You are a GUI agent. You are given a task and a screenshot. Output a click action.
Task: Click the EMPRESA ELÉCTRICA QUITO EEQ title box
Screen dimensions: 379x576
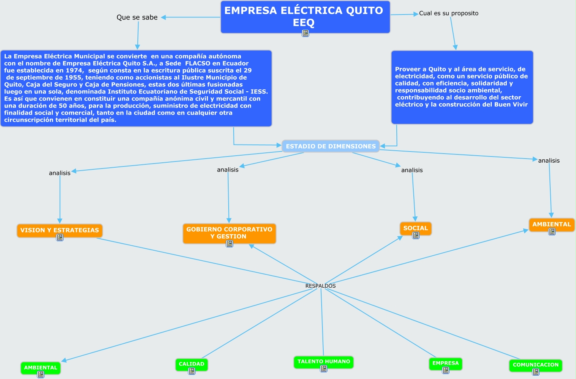click(x=305, y=16)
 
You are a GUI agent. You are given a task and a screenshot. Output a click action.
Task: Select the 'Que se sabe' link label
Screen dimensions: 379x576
click(x=137, y=17)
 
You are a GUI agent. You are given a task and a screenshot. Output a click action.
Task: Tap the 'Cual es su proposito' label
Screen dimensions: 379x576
click(x=449, y=13)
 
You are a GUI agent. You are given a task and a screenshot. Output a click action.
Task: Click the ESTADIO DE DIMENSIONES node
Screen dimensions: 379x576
click(x=331, y=146)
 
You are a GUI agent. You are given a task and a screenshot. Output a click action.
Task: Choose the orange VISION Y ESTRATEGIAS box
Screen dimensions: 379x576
click(x=59, y=230)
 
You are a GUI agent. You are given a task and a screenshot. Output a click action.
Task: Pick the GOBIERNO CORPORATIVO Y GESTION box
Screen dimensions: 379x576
click(x=229, y=232)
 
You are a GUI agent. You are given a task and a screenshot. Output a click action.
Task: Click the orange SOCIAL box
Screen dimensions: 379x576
click(x=415, y=228)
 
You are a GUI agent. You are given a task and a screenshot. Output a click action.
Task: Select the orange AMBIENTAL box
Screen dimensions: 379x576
click(x=552, y=224)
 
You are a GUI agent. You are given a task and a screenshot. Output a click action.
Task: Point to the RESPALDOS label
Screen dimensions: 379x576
click(x=320, y=286)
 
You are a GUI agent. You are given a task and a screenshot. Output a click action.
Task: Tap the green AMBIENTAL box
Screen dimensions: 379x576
click(x=41, y=367)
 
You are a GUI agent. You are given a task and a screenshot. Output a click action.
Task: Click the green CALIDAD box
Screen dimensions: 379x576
click(x=191, y=364)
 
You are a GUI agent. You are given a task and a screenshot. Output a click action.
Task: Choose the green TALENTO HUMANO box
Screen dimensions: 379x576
click(x=324, y=362)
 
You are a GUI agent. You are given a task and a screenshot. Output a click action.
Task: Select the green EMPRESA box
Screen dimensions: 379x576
click(x=445, y=363)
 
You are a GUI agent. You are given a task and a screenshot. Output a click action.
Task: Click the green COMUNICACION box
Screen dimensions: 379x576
click(x=535, y=365)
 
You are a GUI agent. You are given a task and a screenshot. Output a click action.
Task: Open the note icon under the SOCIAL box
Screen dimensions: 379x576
click(x=416, y=235)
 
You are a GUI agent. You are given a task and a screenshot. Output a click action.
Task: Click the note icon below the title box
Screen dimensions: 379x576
click(x=305, y=33)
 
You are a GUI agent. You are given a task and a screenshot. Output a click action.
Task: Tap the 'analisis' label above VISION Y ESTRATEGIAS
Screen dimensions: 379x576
click(x=60, y=173)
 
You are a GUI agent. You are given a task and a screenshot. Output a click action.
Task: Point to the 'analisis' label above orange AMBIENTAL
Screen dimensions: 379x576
click(x=549, y=161)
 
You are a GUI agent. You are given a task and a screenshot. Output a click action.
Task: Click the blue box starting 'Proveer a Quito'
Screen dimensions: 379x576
click(x=462, y=87)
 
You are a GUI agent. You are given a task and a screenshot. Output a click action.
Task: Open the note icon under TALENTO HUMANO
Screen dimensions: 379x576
click(x=324, y=369)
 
